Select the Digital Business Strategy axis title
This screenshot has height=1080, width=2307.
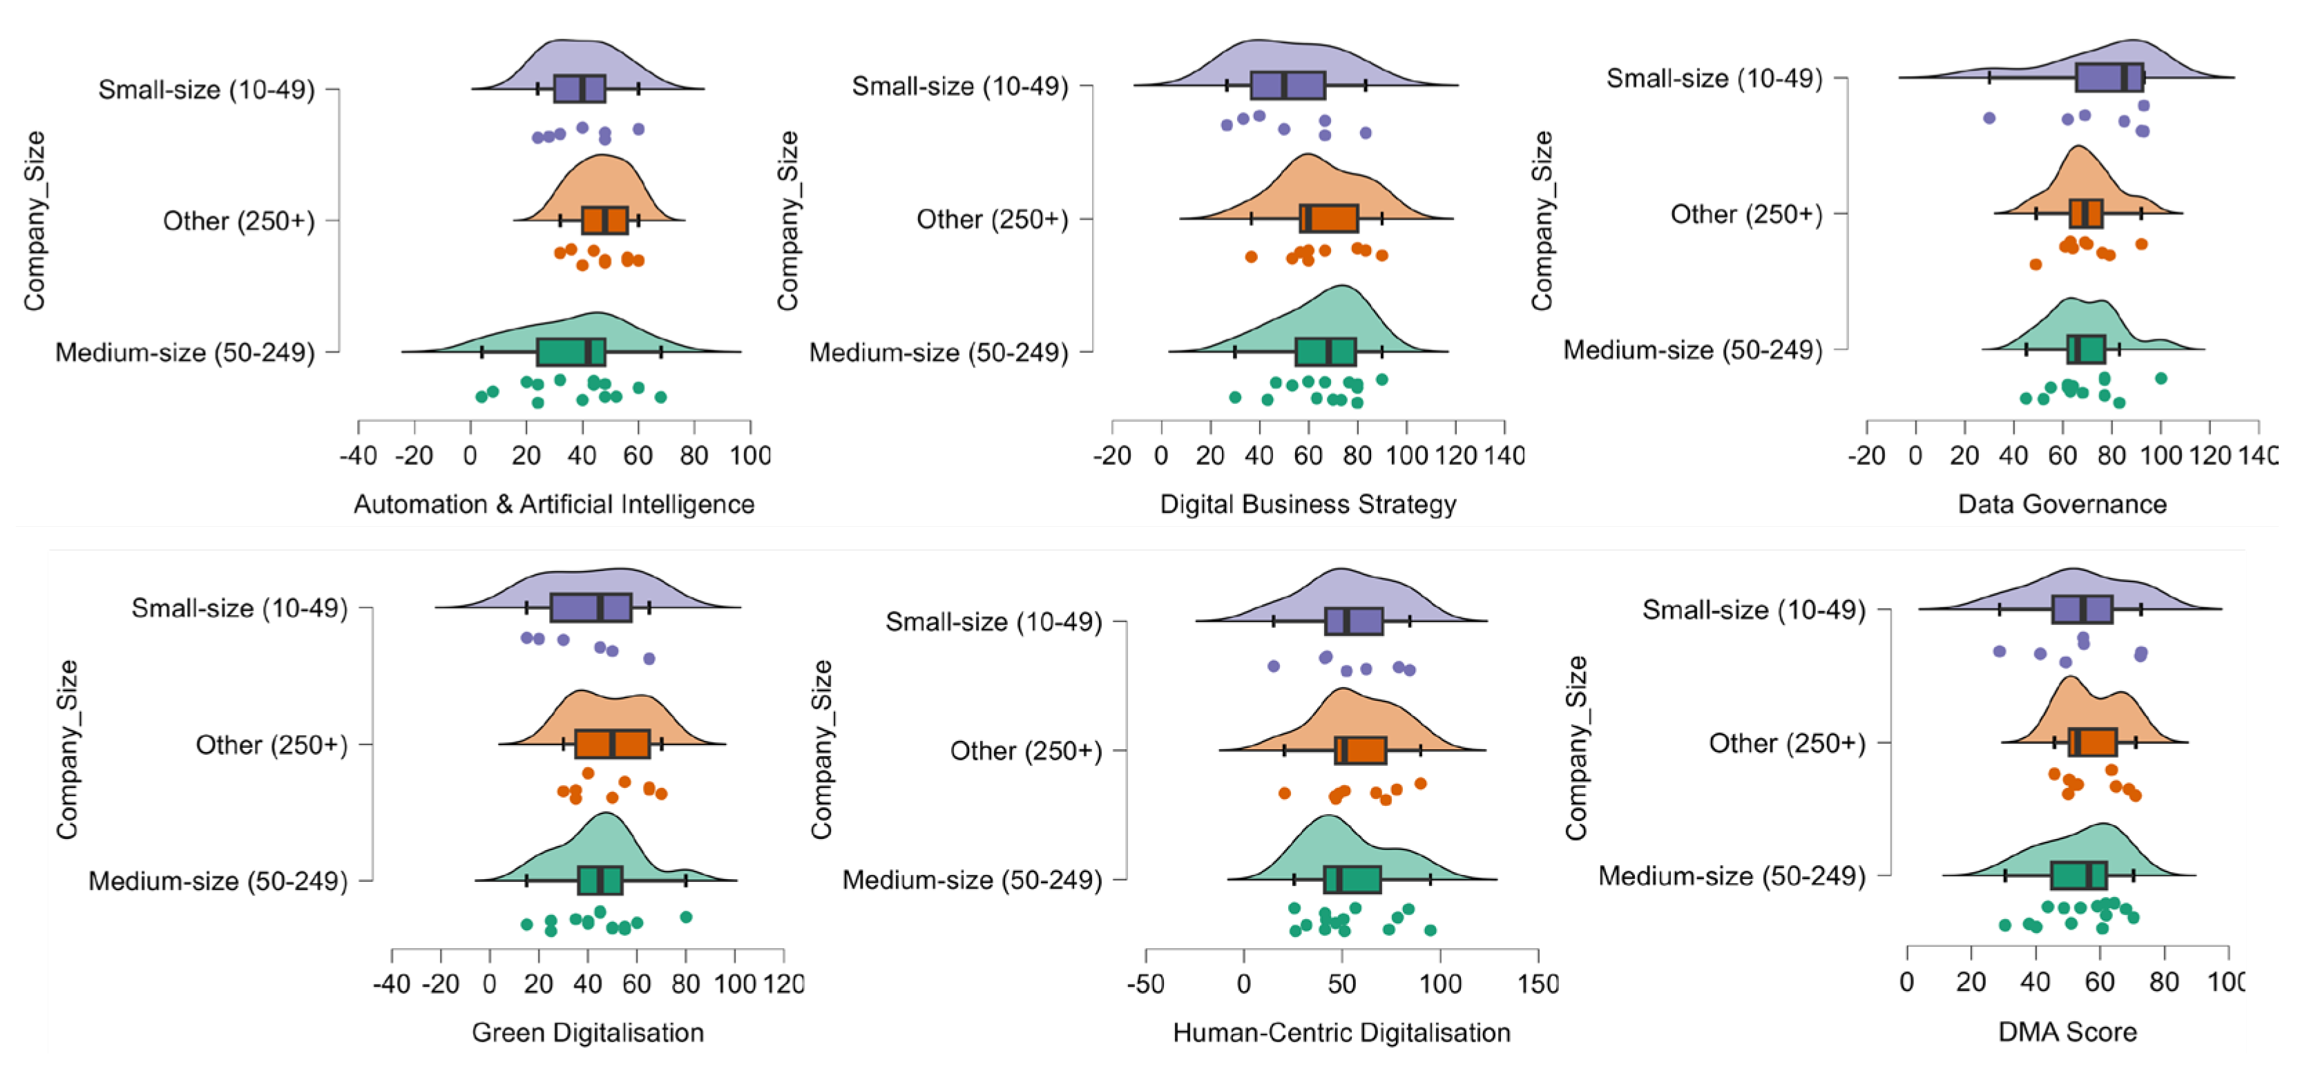click(x=1308, y=504)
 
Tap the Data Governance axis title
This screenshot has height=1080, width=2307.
click(x=2062, y=504)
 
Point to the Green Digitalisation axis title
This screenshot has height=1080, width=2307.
click(x=588, y=1032)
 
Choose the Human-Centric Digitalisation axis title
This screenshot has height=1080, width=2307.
click(x=1341, y=1032)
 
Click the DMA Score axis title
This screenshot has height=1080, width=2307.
click(x=2067, y=1032)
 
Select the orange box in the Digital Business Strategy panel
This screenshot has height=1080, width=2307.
click(x=1329, y=218)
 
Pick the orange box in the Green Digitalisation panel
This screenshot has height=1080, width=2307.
click(x=613, y=744)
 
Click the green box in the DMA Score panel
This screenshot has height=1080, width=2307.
click(x=2078, y=875)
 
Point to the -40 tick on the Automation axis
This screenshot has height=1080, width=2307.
click(x=358, y=455)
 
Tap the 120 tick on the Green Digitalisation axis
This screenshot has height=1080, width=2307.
click(x=784, y=983)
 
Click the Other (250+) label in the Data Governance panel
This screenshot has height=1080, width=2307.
click(x=1745, y=214)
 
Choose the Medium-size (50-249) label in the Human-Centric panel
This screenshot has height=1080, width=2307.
click(x=972, y=880)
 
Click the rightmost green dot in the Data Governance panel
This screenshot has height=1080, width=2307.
click(x=2161, y=378)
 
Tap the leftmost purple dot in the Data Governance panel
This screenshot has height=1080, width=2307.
click(x=1989, y=117)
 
